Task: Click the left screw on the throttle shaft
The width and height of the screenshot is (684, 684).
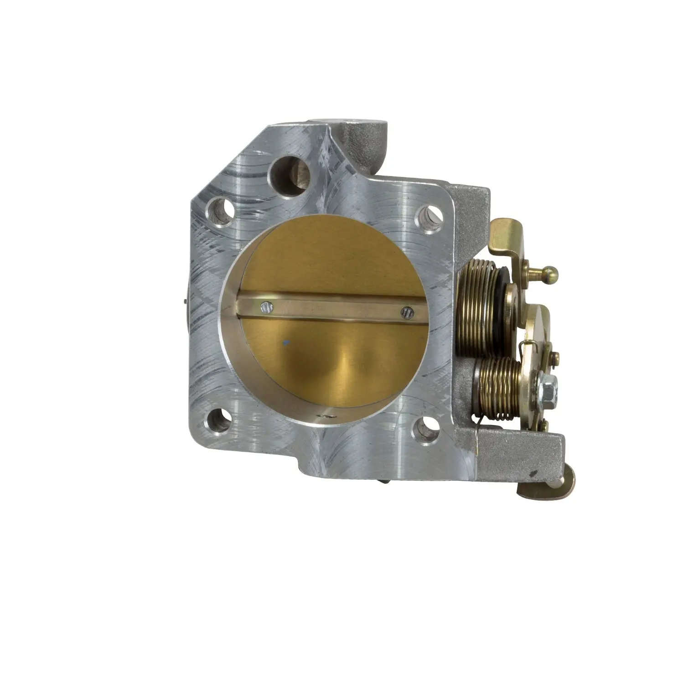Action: [265, 308]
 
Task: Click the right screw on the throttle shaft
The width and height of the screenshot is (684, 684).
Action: [406, 312]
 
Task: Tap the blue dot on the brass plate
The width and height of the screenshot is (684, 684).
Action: [285, 341]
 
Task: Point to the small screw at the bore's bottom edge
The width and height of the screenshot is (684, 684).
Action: [323, 415]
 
